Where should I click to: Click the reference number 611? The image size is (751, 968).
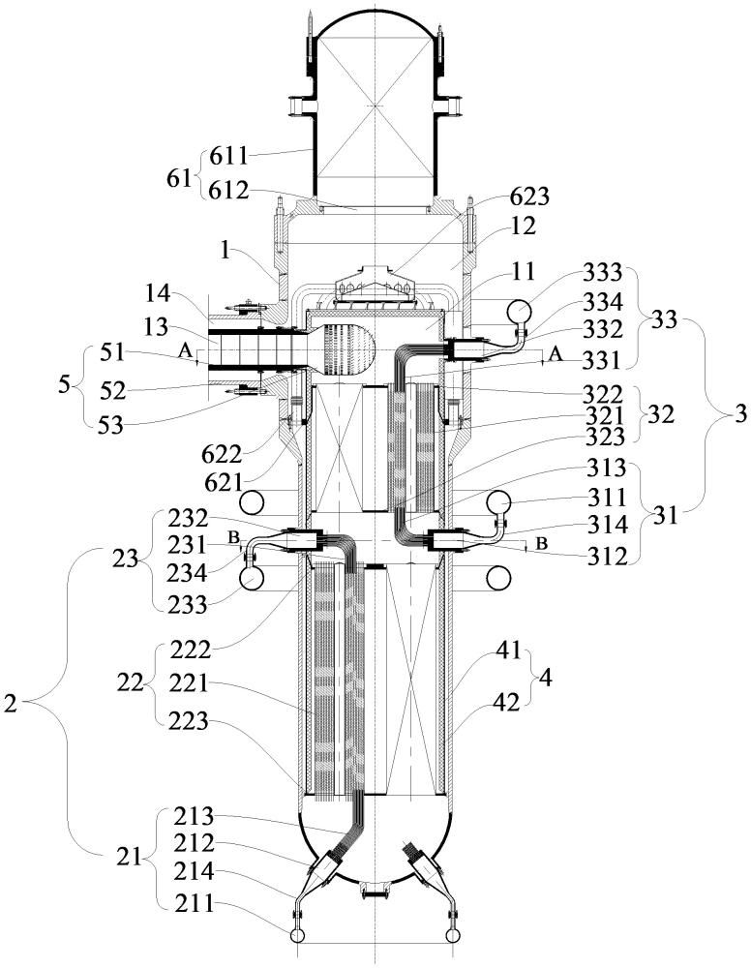pyautogui.click(x=227, y=156)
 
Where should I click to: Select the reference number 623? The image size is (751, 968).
pyautogui.click(x=528, y=197)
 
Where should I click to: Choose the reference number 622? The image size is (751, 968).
pyautogui.click(x=221, y=455)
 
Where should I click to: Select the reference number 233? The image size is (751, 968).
pyautogui.click(x=187, y=604)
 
